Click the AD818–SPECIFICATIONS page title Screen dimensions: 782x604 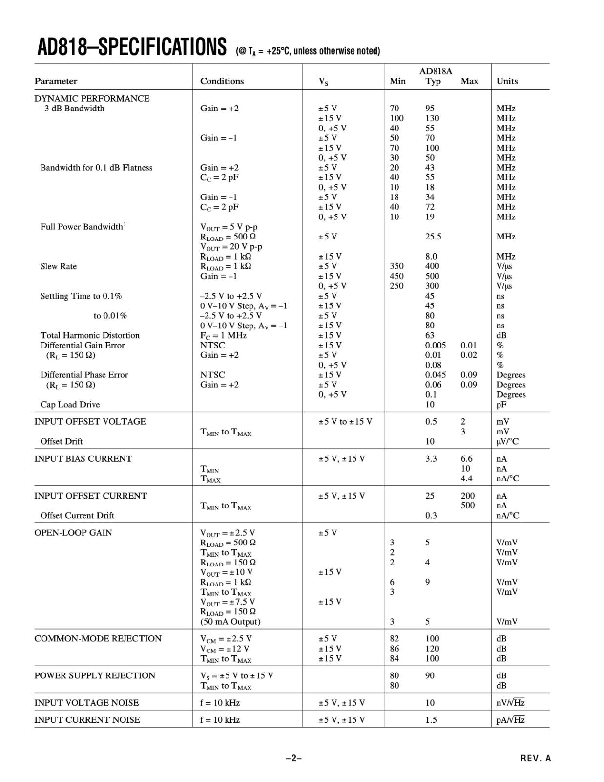[x=132, y=47]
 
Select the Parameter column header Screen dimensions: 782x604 [x=56, y=81]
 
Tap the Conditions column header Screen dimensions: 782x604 [x=222, y=81]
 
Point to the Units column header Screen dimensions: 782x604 [x=507, y=81]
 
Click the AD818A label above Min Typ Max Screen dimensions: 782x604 [x=436, y=71]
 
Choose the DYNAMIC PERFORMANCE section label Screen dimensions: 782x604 [x=92, y=98]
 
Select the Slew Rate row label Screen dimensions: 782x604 [x=59, y=266]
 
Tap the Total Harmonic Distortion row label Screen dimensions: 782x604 [x=90, y=335]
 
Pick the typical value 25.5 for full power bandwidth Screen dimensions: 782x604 [x=433, y=237]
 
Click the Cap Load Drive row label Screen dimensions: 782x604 [x=70, y=405]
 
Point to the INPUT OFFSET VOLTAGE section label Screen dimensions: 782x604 [x=90, y=422]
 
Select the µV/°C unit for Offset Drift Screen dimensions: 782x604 [x=507, y=442]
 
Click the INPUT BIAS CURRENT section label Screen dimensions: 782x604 [x=83, y=459]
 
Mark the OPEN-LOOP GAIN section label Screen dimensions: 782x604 [x=73, y=533]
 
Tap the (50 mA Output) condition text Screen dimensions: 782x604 [x=230, y=622]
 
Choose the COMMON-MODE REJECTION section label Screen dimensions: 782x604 [x=98, y=639]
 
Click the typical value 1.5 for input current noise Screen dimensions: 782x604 [x=431, y=720]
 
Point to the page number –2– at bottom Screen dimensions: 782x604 [x=293, y=759]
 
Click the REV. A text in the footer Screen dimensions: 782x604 [x=535, y=759]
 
